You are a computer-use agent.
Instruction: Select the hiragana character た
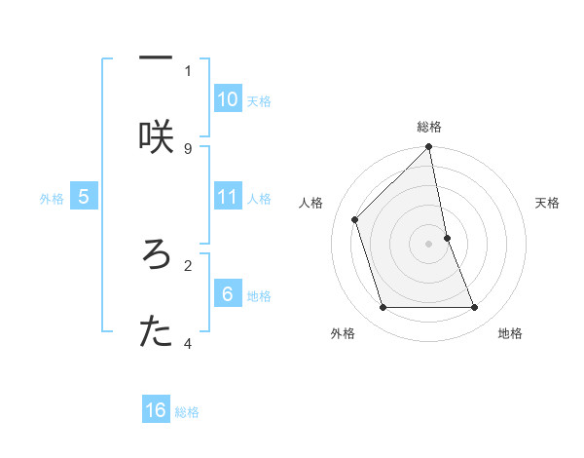(x=156, y=332)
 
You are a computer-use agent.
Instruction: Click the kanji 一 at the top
(x=156, y=57)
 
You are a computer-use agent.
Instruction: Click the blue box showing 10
(x=228, y=99)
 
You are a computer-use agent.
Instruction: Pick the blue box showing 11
(x=228, y=197)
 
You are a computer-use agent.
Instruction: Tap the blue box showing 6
(x=228, y=294)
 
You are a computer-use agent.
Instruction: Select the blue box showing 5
(x=84, y=197)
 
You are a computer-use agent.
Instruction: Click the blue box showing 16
(x=156, y=410)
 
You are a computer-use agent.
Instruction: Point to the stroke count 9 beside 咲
(x=188, y=148)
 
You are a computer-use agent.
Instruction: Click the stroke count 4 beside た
(x=188, y=343)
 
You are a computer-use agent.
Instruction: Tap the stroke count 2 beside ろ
(x=188, y=263)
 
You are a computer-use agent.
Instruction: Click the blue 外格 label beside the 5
(x=52, y=199)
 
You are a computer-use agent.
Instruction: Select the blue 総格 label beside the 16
(x=187, y=412)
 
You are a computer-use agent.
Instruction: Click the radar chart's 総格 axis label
(x=429, y=127)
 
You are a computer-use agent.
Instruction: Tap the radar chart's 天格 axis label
(x=548, y=203)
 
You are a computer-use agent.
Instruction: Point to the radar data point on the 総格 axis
(x=429, y=148)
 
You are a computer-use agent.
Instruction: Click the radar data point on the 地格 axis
(x=475, y=308)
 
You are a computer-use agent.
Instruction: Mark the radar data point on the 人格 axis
(x=355, y=219)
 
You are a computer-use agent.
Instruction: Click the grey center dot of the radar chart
(x=429, y=244)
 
